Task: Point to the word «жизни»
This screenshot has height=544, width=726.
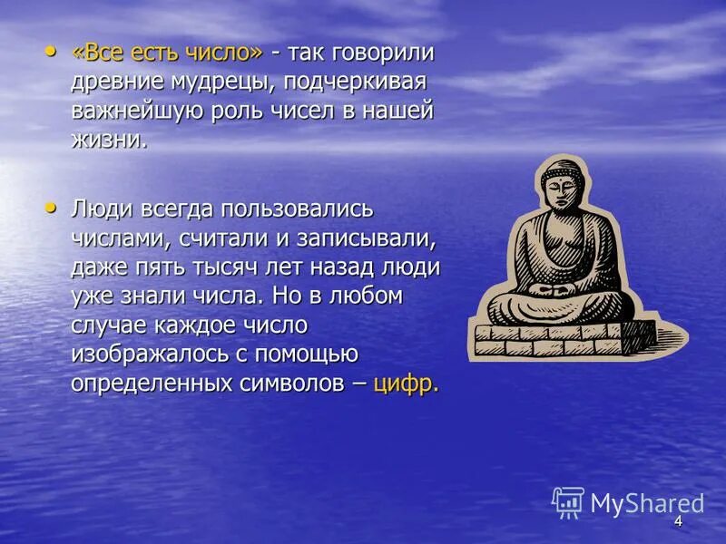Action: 109,141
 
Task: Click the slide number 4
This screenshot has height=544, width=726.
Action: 677,521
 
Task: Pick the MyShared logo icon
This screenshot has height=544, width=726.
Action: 568,502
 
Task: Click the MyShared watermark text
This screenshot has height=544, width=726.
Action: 647,503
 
